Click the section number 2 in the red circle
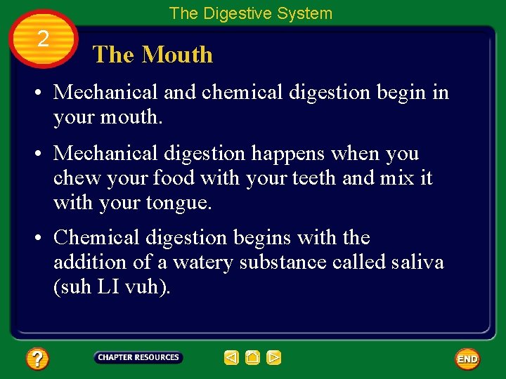pos(43,39)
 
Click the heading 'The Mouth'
pos(153,55)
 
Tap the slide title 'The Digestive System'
pos(251,13)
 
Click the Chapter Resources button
pos(138,357)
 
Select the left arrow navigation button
pos(231,358)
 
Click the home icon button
pos(252,358)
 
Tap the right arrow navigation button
pos(274,358)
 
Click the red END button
pos(467,359)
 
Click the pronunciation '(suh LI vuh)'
pos(112,287)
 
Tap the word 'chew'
pos(79,178)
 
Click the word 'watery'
pos(203,262)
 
